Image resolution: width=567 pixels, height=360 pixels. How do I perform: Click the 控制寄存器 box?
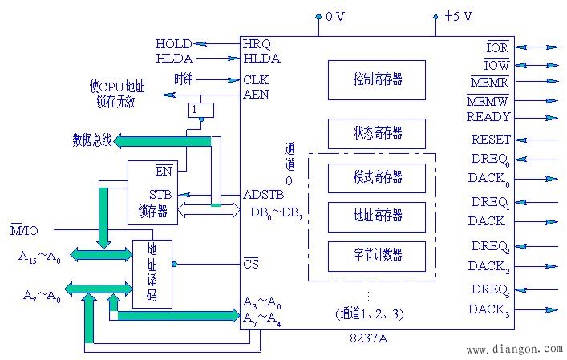click(x=377, y=79)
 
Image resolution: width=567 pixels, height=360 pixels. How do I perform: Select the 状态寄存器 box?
click(x=377, y=133)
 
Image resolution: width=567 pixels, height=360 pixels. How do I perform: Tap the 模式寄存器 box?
click(x=377, y=176)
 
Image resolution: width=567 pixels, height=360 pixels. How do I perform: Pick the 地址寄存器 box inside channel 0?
click(x=377, y=216)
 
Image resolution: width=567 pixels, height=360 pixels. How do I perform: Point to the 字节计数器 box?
click(x=377, y=255)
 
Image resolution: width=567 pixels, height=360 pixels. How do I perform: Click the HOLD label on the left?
click(x=173, y=43)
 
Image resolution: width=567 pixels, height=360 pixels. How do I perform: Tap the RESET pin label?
click(x=490, y=140)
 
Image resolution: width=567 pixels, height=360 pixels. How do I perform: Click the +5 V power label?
click(x=458, y=15)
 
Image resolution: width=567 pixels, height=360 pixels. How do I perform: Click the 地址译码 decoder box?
click(x=152, y=273)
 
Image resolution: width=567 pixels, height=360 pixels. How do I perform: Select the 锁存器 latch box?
click(x=152, y=192)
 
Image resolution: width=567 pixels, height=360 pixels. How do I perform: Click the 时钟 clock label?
click(x=183, y=79)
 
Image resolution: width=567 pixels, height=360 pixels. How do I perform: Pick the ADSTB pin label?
click(x=262, y=194)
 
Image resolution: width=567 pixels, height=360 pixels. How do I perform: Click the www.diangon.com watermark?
click(x=514, y=350)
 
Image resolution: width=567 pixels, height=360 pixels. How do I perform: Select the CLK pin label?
click(x=256, y=79)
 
